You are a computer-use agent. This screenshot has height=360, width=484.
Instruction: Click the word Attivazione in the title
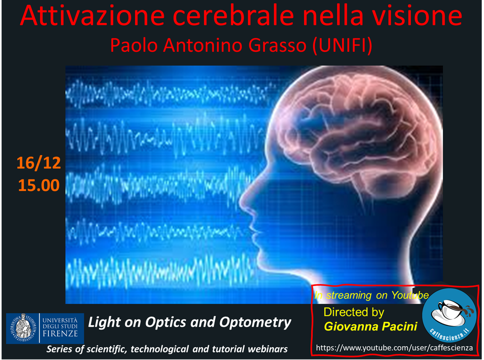[x=92, y=16]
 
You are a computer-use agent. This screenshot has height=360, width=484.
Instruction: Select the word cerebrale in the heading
[x=234, y=16]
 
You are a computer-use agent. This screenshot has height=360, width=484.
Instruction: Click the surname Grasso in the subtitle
[x=277, y=45]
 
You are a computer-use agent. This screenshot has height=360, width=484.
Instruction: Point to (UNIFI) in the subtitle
[x=343, y=46]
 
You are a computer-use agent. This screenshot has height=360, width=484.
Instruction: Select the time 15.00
[x=39, y=186]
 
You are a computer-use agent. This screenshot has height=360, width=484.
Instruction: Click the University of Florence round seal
[x=22, y=328]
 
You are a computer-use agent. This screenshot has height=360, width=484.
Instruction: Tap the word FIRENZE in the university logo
[x=60, y=334]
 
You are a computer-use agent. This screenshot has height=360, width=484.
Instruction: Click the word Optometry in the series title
[x=255, y=323]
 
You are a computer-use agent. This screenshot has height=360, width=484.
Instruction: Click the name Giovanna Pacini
[x=371, y=327]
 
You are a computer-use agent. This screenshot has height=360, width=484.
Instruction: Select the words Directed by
[x=354, y=312]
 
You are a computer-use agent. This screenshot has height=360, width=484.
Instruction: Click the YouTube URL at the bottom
[x=394, y=348]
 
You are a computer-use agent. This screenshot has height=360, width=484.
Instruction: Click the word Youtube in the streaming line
[x=410, y=295]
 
